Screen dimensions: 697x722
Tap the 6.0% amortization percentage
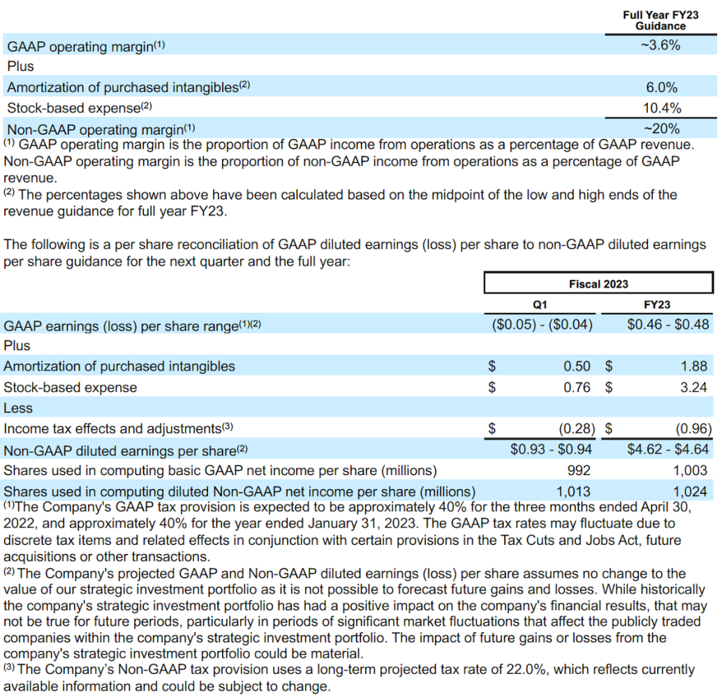click(661, 88)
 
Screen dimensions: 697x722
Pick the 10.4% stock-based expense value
click(661, 109)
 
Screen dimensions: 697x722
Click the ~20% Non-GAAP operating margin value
click(661, 129)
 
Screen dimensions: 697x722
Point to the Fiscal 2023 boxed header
click(598, 283)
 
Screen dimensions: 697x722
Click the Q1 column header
click(540, 304)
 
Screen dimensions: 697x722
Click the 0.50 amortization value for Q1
click(577, 366)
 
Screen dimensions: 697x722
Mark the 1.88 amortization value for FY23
click(694, 366)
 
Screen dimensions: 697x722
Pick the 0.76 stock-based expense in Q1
click(577, 387)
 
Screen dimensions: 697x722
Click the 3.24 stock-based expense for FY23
click(694, 387)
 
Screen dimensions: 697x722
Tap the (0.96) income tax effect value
click(694, 428)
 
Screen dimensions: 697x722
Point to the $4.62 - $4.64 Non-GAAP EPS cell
click(668, 450)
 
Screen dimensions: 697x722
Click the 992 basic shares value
click(578, 470)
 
